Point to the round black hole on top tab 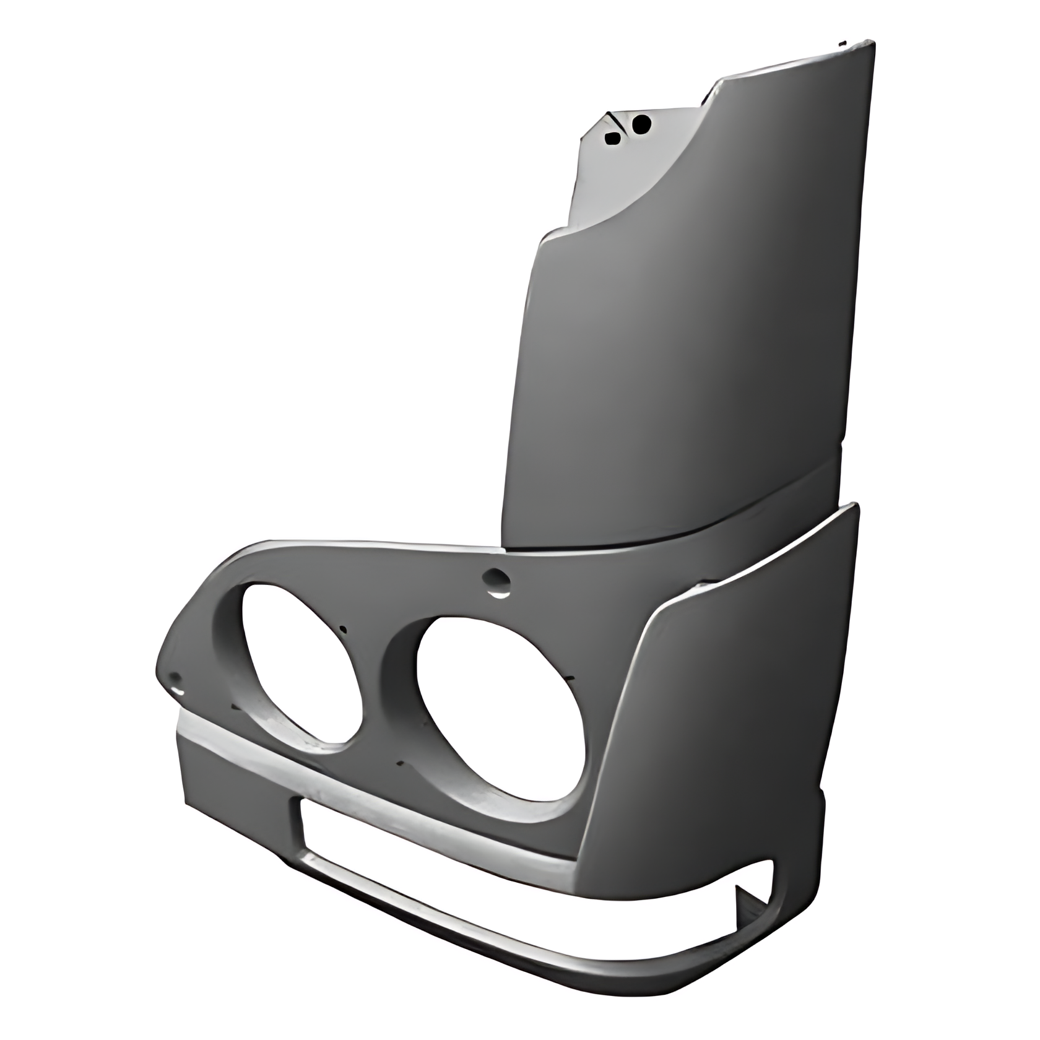642,124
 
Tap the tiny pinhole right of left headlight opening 344,630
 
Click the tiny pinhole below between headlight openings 401,763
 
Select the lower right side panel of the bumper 730,712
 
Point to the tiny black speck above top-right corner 841,44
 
